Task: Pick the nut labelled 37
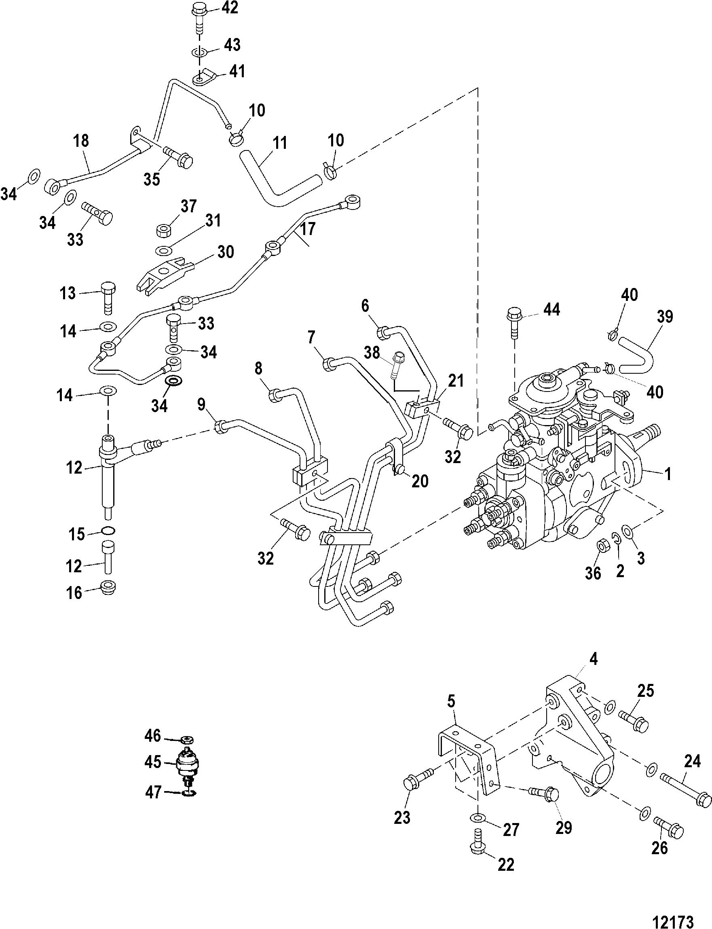click(164, 231)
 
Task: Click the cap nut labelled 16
click(109, 587)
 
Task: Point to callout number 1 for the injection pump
click(668, 474)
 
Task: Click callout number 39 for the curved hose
click(664, 317)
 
